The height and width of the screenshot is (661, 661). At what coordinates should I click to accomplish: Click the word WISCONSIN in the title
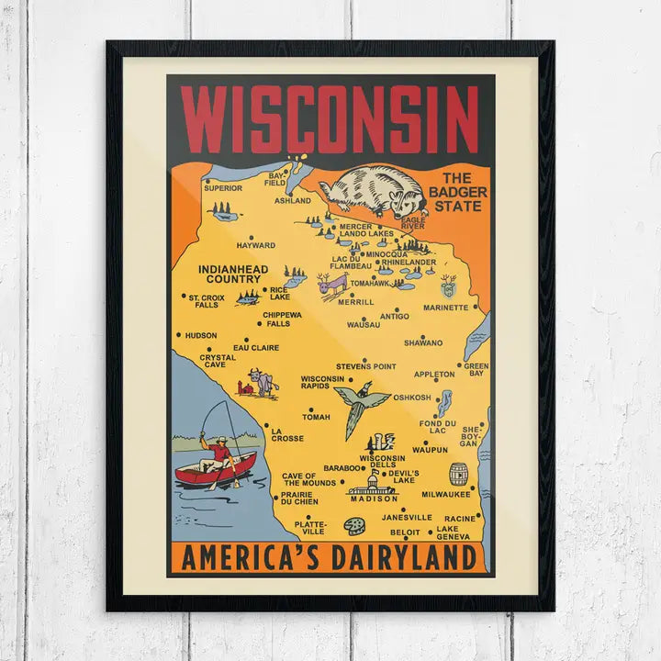tap(330, 119)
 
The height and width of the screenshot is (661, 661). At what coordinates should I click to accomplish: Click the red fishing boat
tap(215, 472)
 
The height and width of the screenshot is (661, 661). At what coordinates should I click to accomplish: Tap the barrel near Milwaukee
tap(458, 474)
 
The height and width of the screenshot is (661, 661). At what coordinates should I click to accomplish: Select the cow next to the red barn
tap(265, 381)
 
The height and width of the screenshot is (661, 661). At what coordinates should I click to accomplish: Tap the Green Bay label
tap(476, 370)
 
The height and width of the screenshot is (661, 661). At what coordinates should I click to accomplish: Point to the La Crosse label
tap(286, 434)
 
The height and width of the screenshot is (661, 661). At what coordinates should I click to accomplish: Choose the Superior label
tap(223, 188)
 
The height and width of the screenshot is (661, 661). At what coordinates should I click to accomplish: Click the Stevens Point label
tap(365, 366)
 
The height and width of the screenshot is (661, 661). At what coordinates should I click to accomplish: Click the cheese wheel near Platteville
tap(353, 525)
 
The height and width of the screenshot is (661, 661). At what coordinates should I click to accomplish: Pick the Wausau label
tap(364, 325)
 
